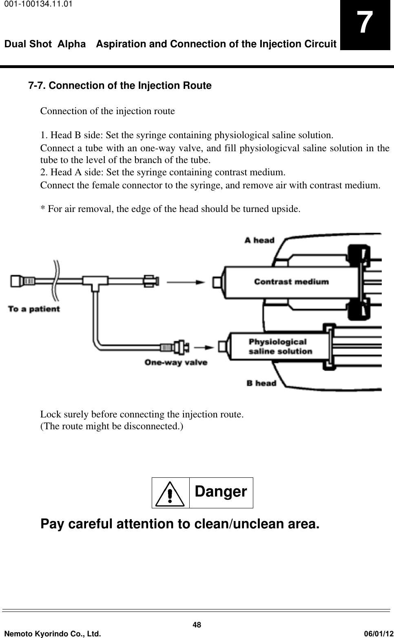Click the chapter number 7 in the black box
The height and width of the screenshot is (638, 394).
(x=365, y=24)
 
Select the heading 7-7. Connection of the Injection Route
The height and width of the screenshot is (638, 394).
(x=120, y=86)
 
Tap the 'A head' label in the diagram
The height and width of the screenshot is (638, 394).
(x=259, y=240)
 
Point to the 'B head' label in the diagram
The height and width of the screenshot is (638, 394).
(x=261, y=383)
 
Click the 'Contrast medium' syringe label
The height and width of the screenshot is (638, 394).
(x=291, y=281)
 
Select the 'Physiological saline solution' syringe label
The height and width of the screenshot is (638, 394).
(x=280, y=346)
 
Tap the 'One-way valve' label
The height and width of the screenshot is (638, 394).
(x=176, y=362)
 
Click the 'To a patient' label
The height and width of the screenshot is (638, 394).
(x=34, y=309)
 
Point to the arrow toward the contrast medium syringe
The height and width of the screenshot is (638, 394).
(x=186, y=281)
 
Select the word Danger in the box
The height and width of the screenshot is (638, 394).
(x=221, y=492)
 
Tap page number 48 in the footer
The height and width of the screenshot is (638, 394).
(x=197, y=625)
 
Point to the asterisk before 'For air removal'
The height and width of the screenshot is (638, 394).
(x=42, y=209)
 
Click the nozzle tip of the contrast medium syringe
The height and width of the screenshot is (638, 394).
(x=217, y=282)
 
